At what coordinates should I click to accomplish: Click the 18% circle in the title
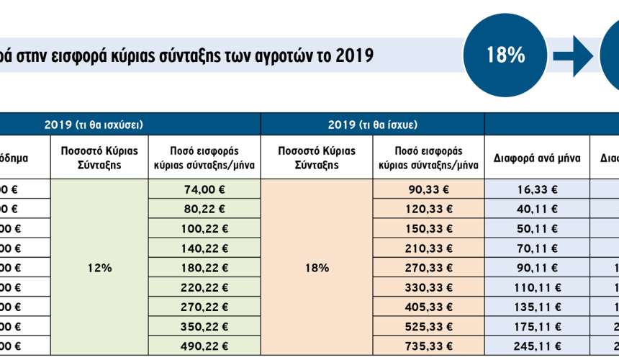coord(505,55)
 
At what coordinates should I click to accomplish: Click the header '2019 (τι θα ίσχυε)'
coord(372,125)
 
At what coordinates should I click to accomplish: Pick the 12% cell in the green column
coord(99,267)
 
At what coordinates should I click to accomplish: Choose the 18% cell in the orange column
coord(317,267)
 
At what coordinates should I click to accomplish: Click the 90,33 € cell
coord(429,189)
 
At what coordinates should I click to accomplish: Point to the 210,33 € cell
coord(429,248)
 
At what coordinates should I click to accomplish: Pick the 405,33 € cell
coord(429,306)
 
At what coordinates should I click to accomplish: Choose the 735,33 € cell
coord(429,345)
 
